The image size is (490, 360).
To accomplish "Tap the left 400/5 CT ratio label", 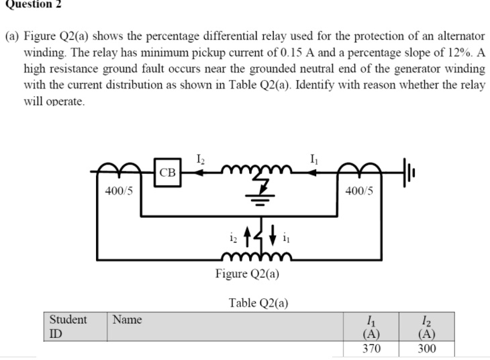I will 119,191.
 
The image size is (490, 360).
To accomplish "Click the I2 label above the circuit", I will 201,159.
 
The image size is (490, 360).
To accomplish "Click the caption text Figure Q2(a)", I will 248,273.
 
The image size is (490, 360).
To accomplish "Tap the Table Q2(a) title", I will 258,303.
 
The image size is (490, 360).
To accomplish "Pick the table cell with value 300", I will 426,349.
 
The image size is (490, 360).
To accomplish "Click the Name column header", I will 128,320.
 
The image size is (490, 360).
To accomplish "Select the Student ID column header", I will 67,326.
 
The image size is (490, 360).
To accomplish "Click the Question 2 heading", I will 30,5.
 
